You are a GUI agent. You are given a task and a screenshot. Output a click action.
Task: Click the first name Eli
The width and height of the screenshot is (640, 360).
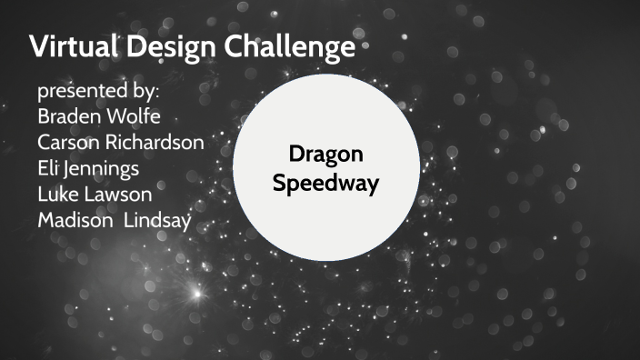tap(49, 168)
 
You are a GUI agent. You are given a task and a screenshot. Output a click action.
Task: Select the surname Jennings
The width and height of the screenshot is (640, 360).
tap(106, 169)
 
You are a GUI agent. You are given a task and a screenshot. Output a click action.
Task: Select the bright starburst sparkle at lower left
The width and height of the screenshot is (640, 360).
tap(193, 293)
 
